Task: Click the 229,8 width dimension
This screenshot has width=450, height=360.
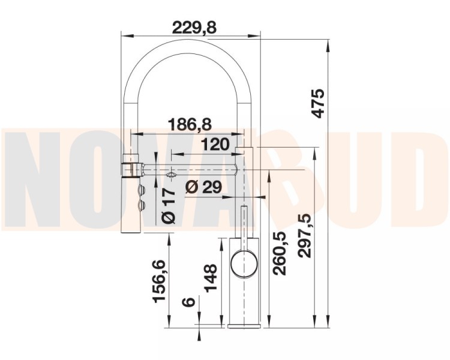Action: click(x=194, y=28)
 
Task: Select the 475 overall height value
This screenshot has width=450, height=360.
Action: click(x=318, y=104)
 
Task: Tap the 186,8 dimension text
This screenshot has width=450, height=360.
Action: click(x=190, y=125)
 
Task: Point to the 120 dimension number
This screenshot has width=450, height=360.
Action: click(x=215, y=144)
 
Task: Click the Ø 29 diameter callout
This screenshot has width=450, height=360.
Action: click(x=203, y=187)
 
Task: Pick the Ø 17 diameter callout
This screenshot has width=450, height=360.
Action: click(x=169, y=206)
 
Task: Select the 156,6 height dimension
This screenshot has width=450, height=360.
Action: click(x=159, y=281)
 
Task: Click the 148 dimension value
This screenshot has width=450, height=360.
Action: click(x=211, y=278)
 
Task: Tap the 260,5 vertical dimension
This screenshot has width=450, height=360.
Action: click(x=279, y=253)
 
